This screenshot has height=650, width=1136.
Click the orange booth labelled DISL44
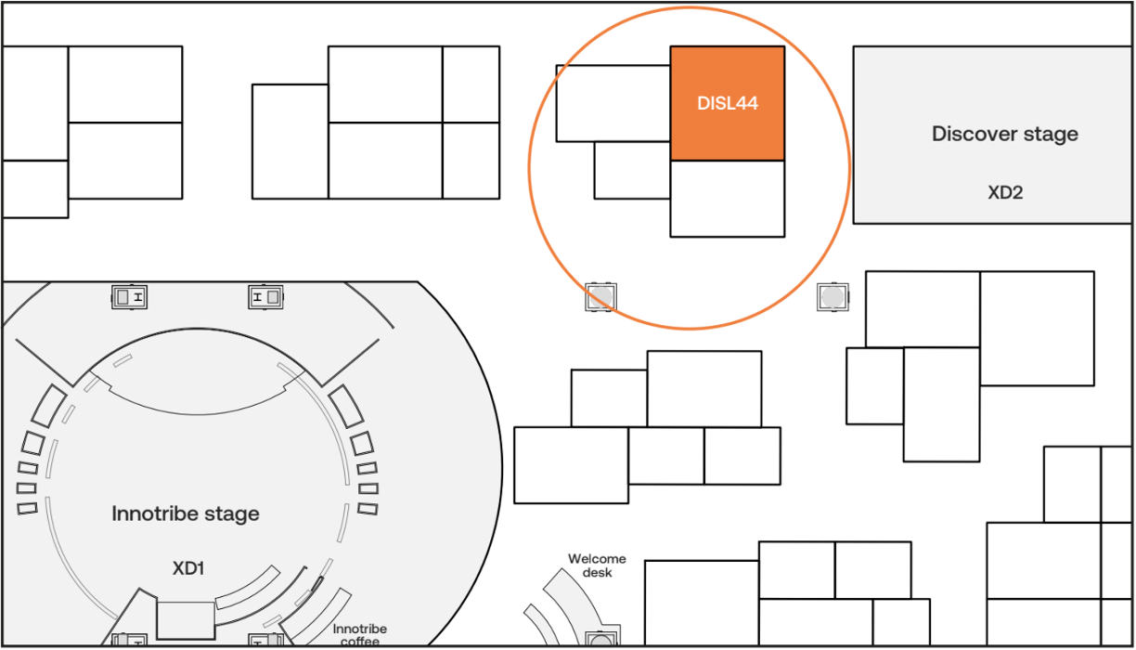[728, 103]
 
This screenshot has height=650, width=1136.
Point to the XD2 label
[1005, 193]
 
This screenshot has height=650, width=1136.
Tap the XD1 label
[188, 568]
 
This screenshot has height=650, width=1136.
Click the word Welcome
[597, 559]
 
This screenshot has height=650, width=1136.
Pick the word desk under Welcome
[598, 572]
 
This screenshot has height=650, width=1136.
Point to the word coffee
[360, 642]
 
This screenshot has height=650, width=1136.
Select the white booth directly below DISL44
[728, 199]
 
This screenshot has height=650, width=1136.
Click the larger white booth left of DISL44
[613, 103]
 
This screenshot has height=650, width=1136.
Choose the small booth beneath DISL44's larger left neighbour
[632, 170]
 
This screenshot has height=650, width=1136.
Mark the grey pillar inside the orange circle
[601, 297]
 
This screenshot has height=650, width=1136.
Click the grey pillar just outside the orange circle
[833, 297]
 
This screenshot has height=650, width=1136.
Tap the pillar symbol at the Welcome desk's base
[601, 637]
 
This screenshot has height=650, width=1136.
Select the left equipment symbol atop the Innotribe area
[129, 297]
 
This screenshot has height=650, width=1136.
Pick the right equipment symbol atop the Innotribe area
[265, 297]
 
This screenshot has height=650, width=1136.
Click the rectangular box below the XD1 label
[186, 620]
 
